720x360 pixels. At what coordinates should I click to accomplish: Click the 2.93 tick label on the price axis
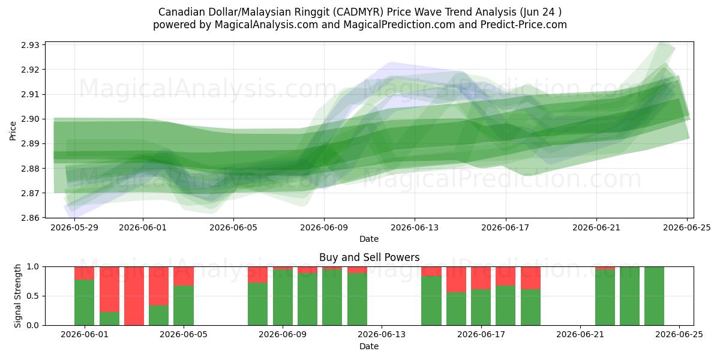tap(30, 45)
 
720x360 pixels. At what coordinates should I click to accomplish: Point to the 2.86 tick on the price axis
tap(30, 218)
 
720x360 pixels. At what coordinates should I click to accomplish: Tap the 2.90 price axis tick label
tap(30, 119)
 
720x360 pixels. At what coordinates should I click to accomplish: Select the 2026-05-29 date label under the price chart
tap(74, 227)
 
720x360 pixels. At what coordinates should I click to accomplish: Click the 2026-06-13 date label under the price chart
tap(415, 227)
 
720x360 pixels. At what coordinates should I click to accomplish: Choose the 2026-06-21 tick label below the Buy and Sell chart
tap(580, 335)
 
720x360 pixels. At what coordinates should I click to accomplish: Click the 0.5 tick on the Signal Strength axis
tap(33, 296)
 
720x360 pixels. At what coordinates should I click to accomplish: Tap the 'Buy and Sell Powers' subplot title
tap(370, 257)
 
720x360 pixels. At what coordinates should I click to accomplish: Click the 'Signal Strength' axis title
tap(17, 296)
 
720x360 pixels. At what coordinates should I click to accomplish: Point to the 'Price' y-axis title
tap(13, 131)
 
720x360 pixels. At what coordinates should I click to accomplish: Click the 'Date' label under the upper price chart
tap(369, 239)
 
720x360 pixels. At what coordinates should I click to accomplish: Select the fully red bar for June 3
tap(134, 296)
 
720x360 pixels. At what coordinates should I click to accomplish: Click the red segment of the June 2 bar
tap(109, 289)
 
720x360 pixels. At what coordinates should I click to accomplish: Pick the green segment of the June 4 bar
tap(159, 316)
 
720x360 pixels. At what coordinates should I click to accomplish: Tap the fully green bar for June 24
tap(654, 296)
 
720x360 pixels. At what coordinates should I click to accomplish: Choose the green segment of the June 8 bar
tap(258, 304)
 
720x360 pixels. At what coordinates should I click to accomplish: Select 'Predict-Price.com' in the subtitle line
tap(524, 25)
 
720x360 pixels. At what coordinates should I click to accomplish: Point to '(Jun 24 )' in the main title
tap(541, 12)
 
